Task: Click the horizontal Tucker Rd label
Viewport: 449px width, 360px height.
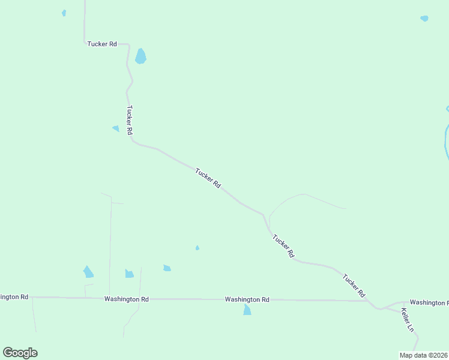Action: [101, 44]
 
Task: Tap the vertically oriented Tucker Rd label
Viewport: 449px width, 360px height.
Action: [129, 119]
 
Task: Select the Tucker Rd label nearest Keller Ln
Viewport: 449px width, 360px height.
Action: [354, 285]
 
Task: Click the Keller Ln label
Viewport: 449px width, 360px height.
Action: [408, 320]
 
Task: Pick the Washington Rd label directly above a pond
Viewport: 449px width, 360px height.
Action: [247, 299]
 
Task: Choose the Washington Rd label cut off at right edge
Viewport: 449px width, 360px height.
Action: [429, 302]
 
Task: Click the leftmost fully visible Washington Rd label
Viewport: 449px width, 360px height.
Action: [126, 299]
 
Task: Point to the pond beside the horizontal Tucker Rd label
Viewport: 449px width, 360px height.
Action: [140, 56]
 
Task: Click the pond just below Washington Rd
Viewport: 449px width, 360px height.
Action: [247, 310]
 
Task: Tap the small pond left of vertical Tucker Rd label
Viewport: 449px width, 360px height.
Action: [116, 128]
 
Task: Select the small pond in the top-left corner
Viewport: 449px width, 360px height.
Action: [64, 13]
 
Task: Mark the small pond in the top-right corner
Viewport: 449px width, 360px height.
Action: [424, 19]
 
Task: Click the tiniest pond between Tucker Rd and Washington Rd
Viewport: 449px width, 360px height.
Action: [197, 248]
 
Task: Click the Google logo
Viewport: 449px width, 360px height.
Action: [20, 353]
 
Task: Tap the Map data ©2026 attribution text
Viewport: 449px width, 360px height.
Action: [423, 355]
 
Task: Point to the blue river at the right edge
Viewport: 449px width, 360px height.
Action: [446, 141]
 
